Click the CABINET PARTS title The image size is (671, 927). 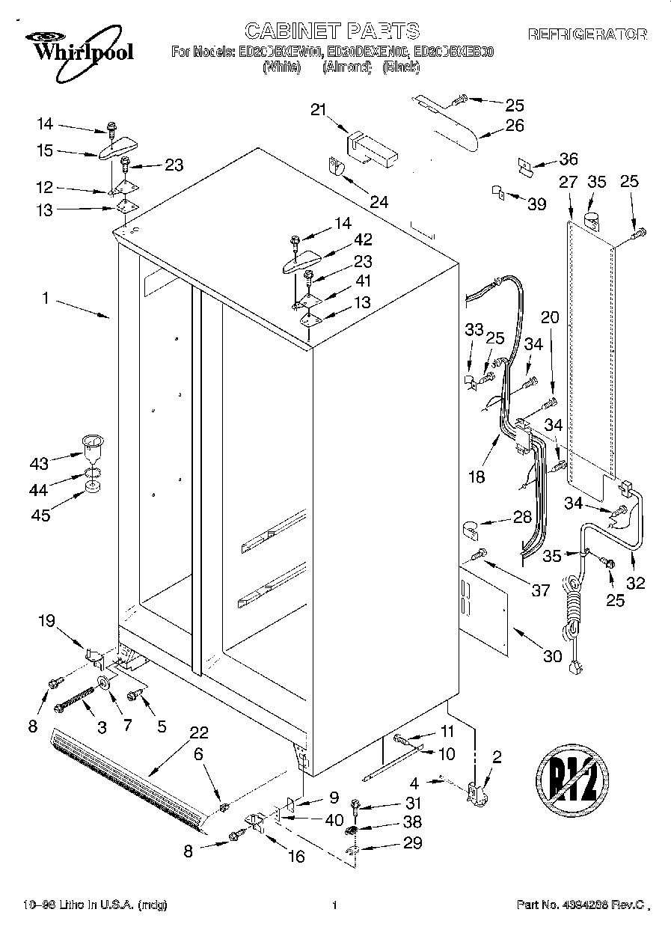click(332, 31)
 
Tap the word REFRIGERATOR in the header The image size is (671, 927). click(587, 34)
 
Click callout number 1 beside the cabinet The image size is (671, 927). click(46, 299)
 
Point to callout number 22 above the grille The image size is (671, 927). click(198, 732)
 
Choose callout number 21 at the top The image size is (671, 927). click(319, 110)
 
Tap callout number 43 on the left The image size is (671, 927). click(39, 464)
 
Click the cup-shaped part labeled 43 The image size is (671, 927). click(92, 451)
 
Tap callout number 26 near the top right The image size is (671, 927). click(515, 125)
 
